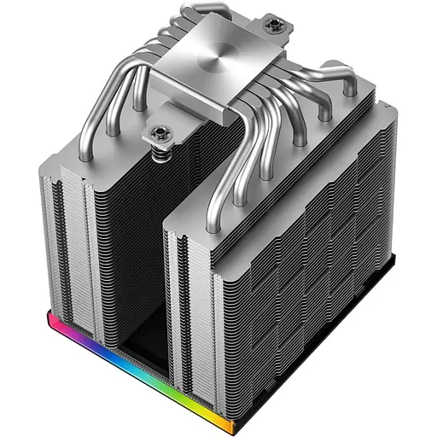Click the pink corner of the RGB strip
point(54,322)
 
